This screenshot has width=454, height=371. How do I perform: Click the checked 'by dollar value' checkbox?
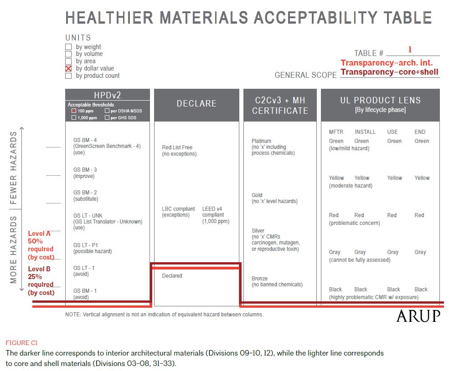[68, 69]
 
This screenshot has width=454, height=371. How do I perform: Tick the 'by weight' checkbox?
[68, 47]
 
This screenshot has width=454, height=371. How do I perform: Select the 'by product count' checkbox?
[68, 76]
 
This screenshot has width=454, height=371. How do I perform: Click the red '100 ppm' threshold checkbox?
[73, 111]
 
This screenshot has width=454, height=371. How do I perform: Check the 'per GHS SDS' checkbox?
[107, 117]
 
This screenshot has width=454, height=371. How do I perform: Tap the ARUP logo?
[418, 316]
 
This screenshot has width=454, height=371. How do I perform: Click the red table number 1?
[410, 50]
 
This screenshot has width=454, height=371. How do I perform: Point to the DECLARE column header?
[196, 103]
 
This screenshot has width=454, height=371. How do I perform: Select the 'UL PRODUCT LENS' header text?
[381, 100]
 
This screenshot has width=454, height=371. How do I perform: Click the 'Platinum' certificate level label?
[261, 141]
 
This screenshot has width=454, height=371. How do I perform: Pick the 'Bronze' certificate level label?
[259, 278]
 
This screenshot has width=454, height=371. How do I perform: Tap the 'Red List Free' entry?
[177, 147]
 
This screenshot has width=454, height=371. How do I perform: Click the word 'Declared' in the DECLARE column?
[172, 275]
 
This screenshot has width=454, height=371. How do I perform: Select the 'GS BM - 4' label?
[85, 140]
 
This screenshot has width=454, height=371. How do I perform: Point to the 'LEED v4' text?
[212, 208]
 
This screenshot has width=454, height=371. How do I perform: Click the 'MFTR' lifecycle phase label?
[336, 132]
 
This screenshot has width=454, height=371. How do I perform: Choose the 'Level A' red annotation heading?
[39, 234]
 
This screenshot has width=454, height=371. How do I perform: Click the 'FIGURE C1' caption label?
[22, 343]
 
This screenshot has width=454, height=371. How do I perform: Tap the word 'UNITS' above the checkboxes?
[78, 38]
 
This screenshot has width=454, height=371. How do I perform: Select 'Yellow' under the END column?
[422, 178]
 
